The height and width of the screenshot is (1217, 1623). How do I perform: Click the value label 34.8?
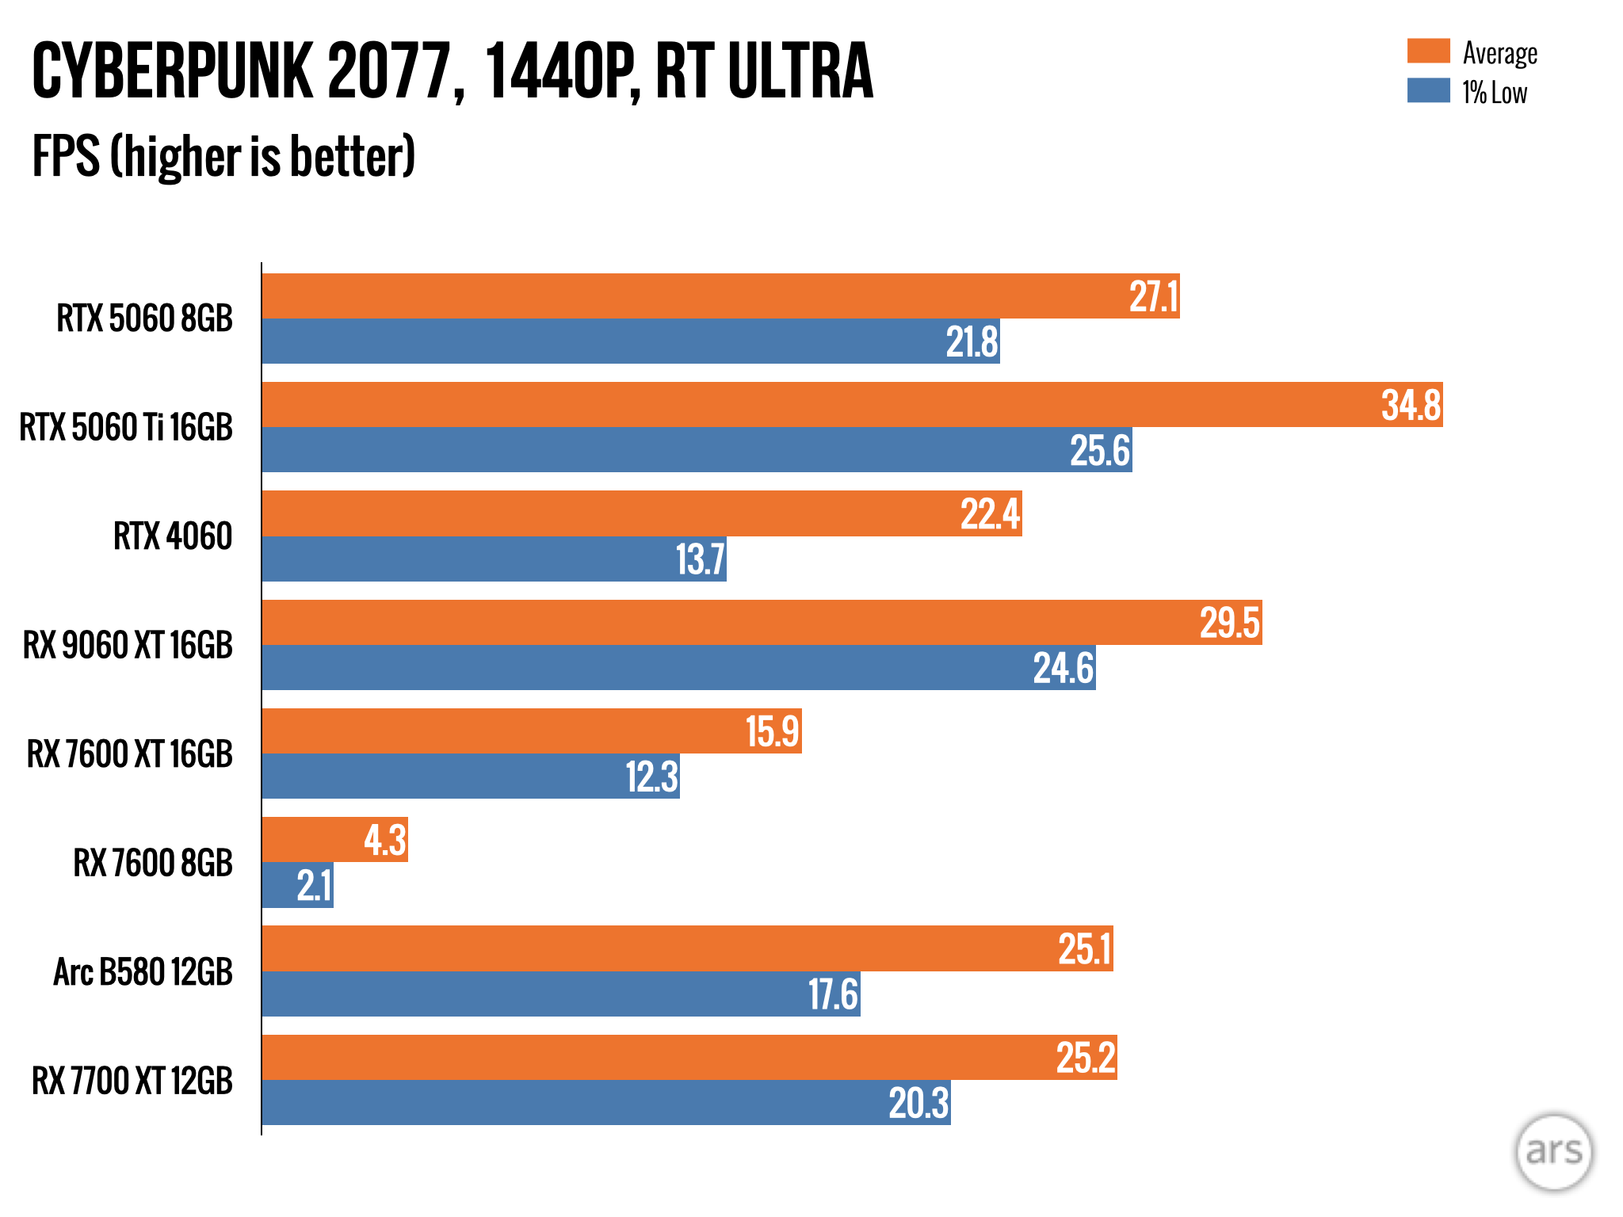coord(1411,405)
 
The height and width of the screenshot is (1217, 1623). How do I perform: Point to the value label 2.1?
coord(314,885)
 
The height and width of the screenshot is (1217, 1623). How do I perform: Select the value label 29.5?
coord(1229,623)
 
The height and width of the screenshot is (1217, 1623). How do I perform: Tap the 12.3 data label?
coord(651,776)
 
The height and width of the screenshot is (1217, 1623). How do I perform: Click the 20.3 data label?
coord(918,1103)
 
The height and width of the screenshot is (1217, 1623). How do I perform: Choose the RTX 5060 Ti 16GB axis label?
coord(126,427)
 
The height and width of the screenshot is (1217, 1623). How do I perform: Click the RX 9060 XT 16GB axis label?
coord(128,645)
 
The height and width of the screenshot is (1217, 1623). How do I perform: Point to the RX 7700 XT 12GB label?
coord(132,1081)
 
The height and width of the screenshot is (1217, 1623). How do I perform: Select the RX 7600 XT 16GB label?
coord(130,753)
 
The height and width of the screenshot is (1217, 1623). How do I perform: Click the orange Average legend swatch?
coord(1428,51)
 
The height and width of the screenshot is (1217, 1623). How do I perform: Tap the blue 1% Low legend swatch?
coord(1428,90)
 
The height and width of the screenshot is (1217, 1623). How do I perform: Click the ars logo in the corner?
coord(1553,1152)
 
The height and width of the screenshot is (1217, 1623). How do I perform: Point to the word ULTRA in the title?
coord(800,71)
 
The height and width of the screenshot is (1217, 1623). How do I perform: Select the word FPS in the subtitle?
coord(67,156)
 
